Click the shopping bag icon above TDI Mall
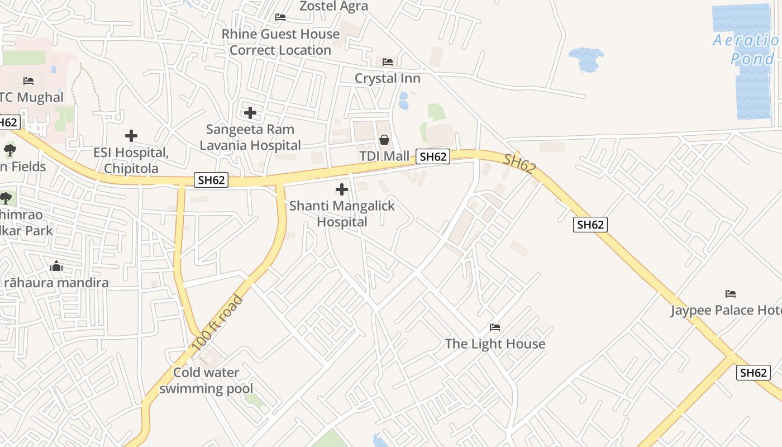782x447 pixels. [x=384, y=140]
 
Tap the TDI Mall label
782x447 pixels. [x=384, y=156]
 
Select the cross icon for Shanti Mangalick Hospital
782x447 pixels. [x=342, y=189]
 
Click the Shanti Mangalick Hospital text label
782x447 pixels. [x=342, y=214]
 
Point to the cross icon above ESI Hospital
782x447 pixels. [x=131, y=136]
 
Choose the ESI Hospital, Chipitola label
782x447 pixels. [x=131, y=160]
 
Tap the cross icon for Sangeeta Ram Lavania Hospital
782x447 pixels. [x=250, y=113]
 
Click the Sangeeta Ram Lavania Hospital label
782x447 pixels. [x=250, y=137]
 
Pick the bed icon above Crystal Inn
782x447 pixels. [x=388, y=61]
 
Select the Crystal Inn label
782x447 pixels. [x=388, y=78]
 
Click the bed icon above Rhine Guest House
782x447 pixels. [x=280, y=17]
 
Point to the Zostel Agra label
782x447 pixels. [x=334, y=6]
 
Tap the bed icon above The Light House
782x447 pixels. [x=495, y=327]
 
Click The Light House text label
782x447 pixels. [x=495, y=344]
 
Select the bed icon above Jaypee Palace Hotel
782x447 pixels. [x=730, y=294]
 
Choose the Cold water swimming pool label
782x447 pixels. [x=206, y=381]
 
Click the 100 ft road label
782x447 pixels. [x=217, y=324]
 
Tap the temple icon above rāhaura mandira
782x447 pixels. [x=56, y=267]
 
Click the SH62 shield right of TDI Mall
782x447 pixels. [x=433, y=157]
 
